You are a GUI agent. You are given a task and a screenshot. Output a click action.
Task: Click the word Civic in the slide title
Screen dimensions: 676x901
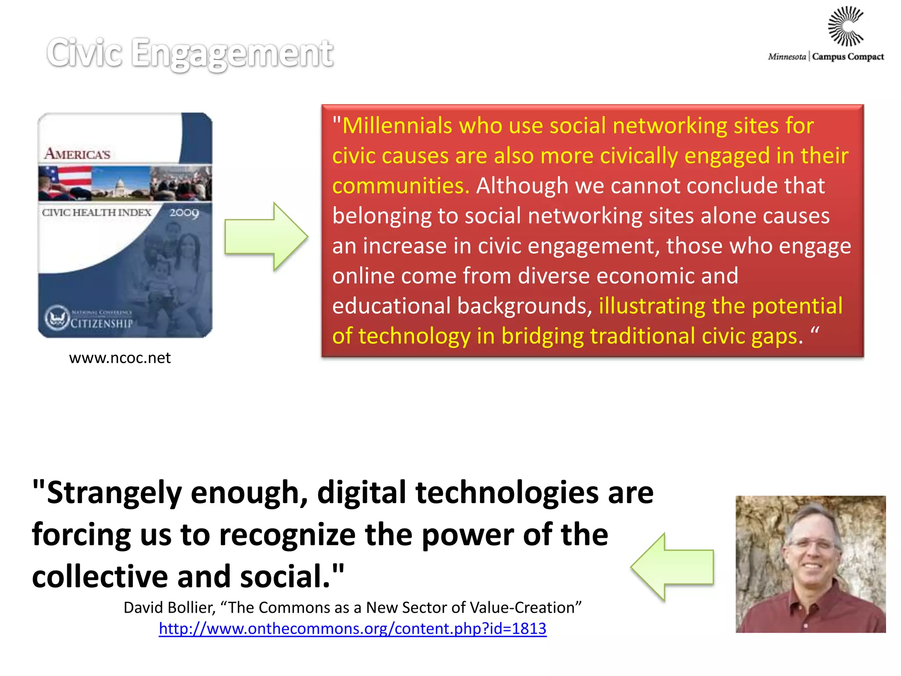tap(84, 53)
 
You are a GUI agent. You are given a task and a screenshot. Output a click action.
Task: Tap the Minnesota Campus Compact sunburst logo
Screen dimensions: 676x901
tap(846, 26)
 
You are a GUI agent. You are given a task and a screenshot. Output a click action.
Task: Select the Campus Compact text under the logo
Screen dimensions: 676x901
tap(848, 57)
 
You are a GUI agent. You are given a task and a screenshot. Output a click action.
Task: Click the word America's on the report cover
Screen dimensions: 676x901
tap(77, 154)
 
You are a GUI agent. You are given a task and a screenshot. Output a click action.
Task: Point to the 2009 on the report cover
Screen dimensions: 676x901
tap(184, 213)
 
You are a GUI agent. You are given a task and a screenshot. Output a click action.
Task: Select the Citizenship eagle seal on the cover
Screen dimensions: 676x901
tap(57, 317)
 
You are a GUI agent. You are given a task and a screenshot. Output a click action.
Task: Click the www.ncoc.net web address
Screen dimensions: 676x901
tap(120, 358)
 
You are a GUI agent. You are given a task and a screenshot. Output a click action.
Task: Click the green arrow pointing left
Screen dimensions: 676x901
tap(672, 567)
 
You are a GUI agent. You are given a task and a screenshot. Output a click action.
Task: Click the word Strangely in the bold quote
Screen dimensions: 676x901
tap(114, 492)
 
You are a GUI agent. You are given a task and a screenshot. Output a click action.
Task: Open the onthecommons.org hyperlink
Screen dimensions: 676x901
tap(352, 628)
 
